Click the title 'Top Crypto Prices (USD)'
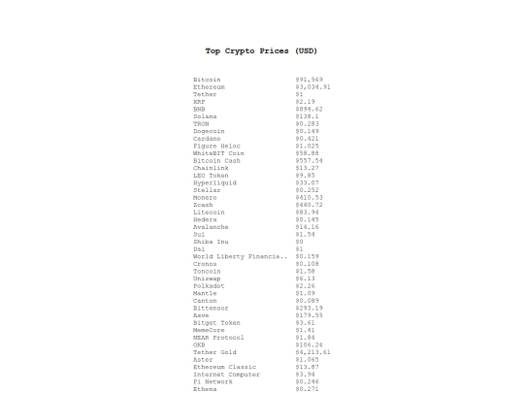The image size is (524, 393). (261, 50)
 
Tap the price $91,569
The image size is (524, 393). (309, 80)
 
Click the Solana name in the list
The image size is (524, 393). (206, 116)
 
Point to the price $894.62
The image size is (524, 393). (309, 109)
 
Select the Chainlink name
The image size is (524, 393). (210, 168)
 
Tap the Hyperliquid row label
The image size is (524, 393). (214, 182)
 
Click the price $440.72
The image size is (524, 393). (309, 205)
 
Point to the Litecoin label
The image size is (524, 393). (209, 212)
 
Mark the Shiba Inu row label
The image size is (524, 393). (211, 242)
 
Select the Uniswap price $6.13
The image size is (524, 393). (305, 278)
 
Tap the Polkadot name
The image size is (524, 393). (209, 285)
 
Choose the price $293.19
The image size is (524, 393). (309, 308)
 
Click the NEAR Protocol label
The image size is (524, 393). (218, 337)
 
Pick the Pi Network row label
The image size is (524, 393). (213, 381)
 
